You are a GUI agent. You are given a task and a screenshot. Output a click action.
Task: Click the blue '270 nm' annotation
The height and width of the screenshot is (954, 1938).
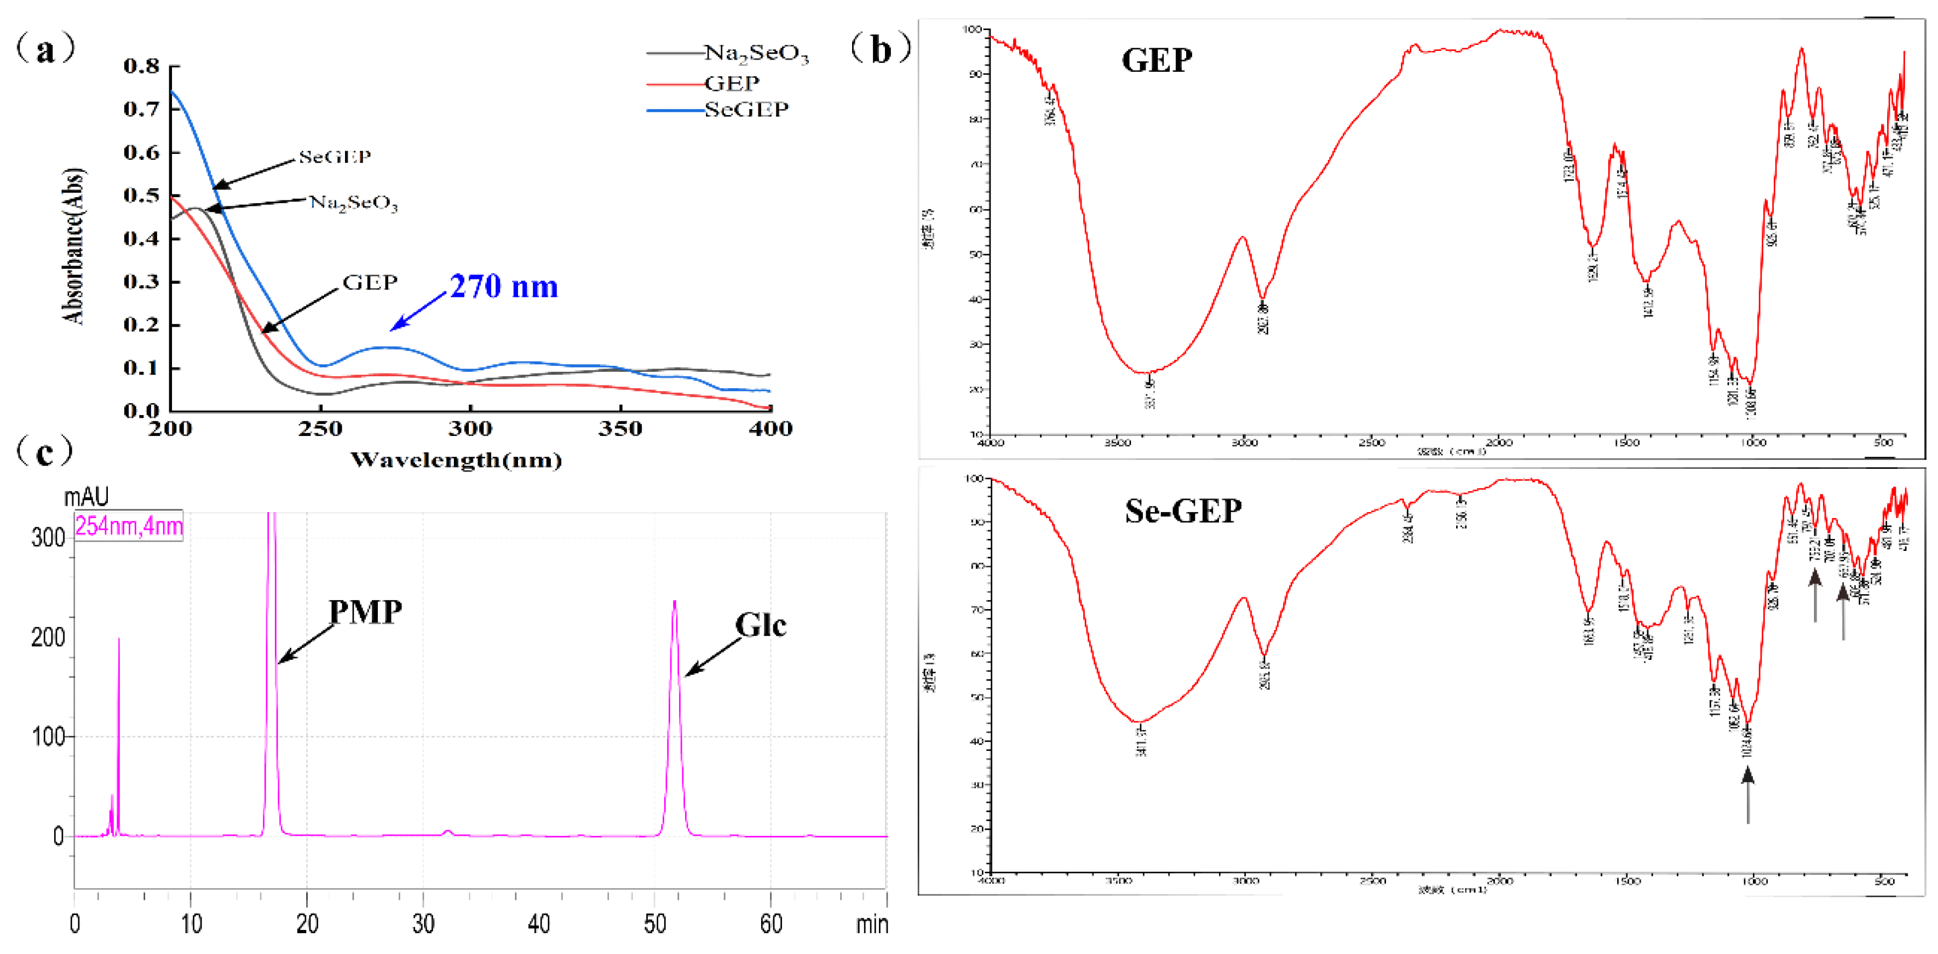[503, 286]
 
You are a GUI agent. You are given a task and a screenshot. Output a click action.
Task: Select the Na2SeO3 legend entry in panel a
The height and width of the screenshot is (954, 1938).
[755, 54]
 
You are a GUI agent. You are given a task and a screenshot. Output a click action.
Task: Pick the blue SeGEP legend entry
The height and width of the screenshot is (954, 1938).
[745, 110]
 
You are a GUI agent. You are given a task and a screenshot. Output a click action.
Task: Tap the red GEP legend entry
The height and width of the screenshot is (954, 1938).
[731, 83]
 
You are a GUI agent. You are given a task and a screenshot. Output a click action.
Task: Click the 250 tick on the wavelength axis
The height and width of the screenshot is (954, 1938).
[320, 429]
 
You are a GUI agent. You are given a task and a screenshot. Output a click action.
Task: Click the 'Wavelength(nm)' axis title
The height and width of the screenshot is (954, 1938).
[456, 459]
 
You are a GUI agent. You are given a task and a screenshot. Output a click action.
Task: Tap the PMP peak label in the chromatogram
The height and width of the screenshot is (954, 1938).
[366, 612]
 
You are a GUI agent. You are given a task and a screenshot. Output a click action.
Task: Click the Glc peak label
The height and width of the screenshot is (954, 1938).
[760, 625]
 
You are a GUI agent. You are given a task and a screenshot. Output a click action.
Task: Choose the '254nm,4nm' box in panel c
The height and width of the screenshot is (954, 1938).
[129, 525]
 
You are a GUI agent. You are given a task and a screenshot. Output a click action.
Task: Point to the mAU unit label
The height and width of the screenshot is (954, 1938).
[86, 497]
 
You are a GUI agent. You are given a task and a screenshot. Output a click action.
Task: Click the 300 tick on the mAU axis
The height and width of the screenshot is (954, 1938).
[48, 537]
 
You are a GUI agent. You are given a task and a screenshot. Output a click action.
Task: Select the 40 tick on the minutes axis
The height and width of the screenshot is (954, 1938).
[539, 923]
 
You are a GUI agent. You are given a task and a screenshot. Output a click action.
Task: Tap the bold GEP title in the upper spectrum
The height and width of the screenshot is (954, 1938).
[1157, 60]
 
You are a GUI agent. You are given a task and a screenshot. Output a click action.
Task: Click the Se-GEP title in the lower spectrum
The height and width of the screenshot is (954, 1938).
[1183, 511]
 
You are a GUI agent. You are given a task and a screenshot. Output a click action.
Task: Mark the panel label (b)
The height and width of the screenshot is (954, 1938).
[880, 49]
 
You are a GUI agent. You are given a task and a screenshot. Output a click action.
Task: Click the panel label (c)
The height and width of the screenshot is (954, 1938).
[45, 451]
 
